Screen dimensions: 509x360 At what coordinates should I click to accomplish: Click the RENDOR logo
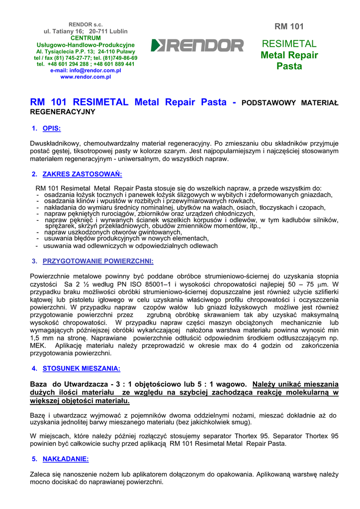point(197,46)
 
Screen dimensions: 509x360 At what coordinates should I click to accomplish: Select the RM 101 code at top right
point(289,26)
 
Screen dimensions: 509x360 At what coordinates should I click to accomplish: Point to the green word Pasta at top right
point(289,66)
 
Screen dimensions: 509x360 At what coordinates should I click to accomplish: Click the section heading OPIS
point(52,129)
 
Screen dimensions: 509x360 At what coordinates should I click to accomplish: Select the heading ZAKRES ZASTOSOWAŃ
point(82,174)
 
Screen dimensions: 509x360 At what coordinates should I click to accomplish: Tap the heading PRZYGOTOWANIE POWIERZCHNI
point(98,261)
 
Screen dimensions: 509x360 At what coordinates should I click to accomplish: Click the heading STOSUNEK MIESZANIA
point(82,368)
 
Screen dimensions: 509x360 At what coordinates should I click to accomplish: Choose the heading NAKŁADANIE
point(66,459)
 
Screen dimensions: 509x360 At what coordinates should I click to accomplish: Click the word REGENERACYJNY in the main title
point(63,112)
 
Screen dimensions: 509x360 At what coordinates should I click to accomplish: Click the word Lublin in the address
point(119,31)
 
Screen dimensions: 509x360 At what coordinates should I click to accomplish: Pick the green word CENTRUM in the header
point(86,38)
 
